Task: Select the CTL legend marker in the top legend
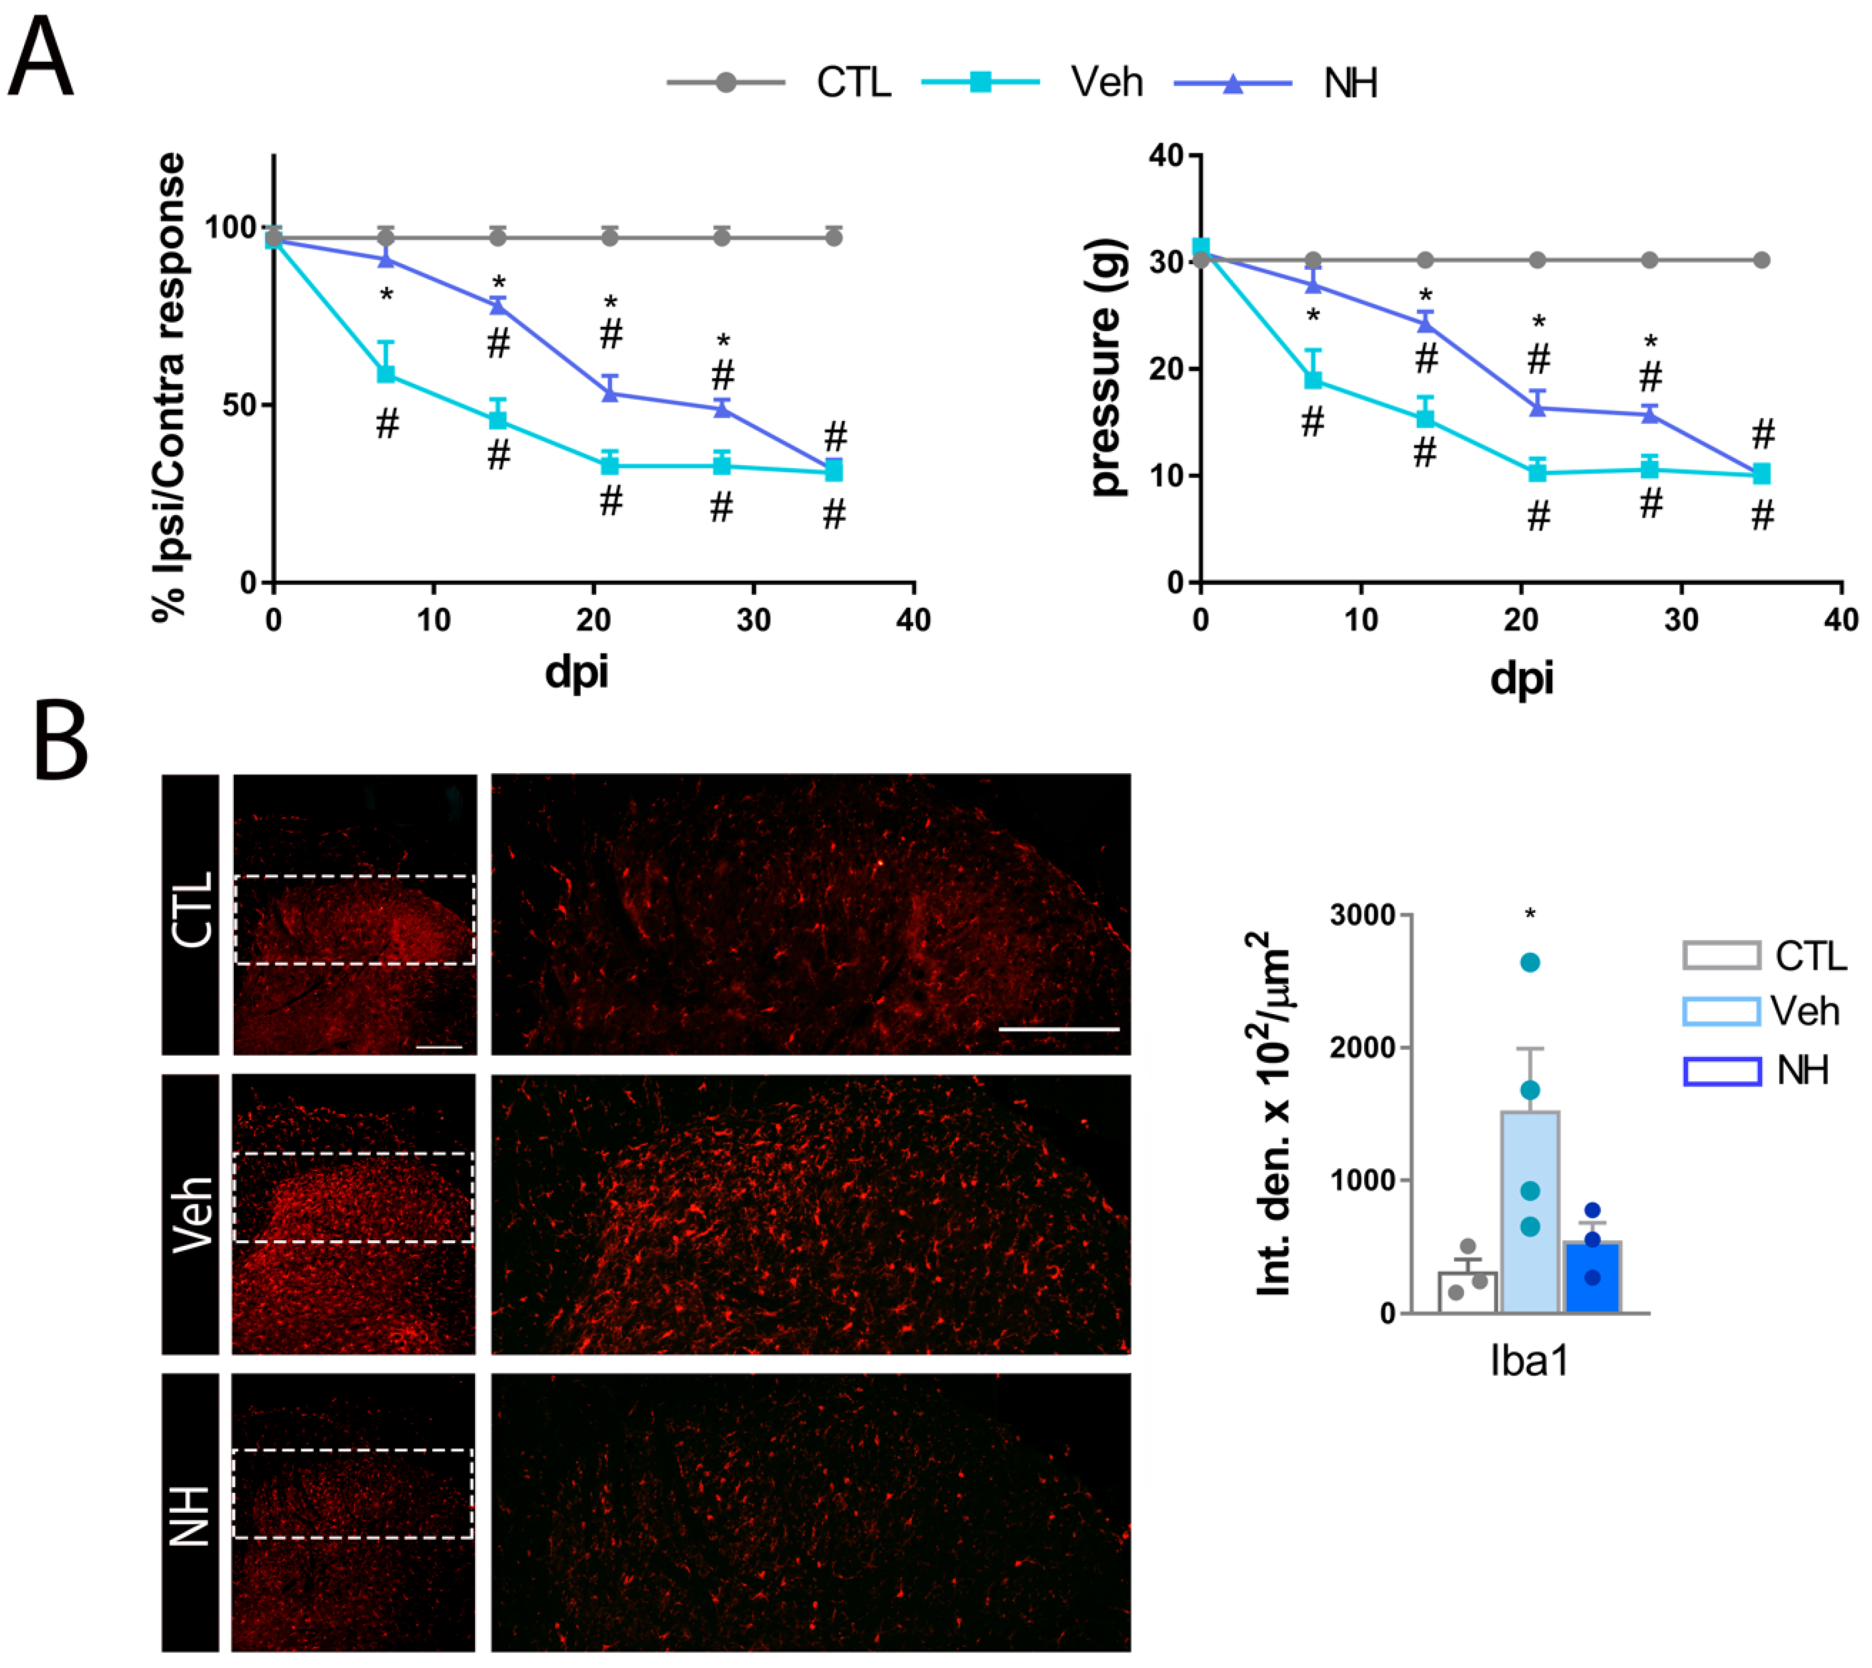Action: (725, 83)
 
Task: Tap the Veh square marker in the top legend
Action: (980, 83)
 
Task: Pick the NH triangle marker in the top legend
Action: (1233, 83)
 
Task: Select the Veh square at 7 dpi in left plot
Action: (386, 374)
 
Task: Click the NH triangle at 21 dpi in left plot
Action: (610, 394)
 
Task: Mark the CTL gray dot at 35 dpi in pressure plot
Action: (1761, 260)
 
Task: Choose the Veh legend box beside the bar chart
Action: (1721, 1012)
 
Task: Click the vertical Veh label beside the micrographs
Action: (191, 1215)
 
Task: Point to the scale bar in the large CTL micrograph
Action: (1058, 1029)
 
